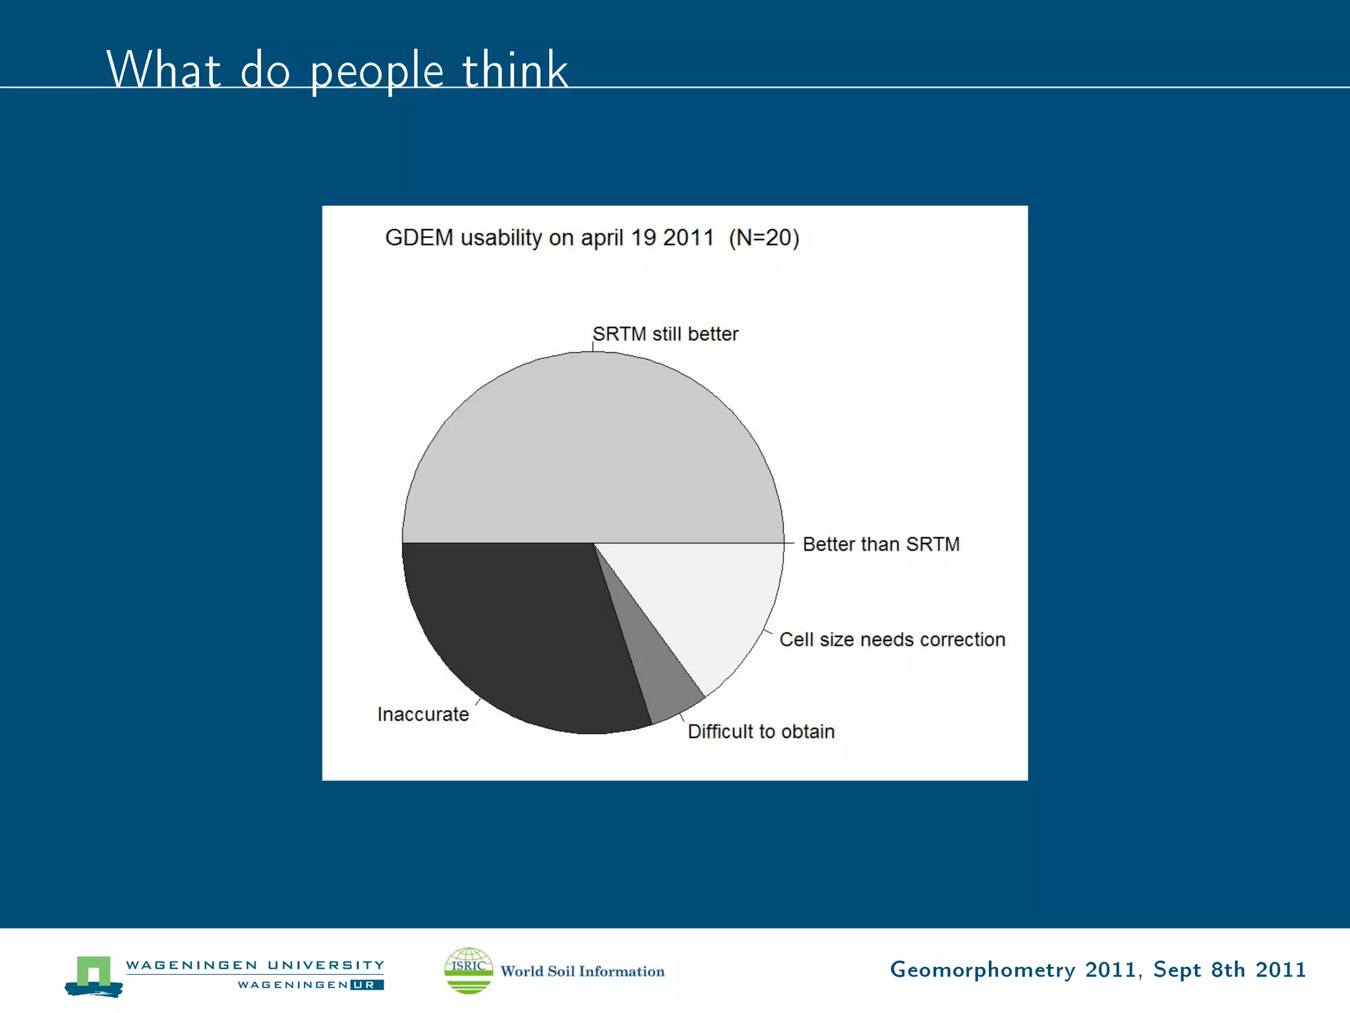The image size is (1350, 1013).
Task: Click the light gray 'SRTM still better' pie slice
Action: [593, 448]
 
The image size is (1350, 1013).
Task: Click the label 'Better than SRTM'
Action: [881, 544]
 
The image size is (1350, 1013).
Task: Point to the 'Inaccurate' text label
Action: [423, 714]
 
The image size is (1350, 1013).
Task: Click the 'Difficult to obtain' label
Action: [761, 731]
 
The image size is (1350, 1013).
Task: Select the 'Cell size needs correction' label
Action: [892, 640]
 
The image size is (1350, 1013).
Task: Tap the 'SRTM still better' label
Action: [665, 334]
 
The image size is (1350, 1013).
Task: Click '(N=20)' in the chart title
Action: [763, 237]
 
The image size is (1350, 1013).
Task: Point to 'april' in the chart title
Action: [601, 239]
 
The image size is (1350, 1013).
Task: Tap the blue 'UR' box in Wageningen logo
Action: [367, 985]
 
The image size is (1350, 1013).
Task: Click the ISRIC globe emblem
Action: [469, 970]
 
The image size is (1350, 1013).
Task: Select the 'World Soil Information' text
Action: [582, 971]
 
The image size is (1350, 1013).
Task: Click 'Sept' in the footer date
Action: [1177, 969]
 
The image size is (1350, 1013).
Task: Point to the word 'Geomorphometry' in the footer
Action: [982, 970]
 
